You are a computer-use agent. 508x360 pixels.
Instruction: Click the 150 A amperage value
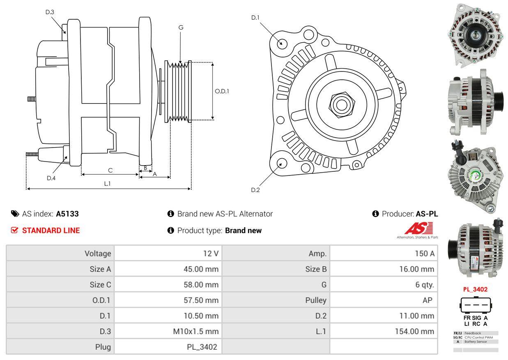425,254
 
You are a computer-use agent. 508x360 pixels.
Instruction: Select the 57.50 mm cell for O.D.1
201,300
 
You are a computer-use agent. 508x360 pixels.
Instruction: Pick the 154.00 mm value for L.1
415,331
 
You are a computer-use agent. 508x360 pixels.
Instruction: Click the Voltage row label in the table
97,254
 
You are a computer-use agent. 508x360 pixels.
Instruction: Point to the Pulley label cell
316,300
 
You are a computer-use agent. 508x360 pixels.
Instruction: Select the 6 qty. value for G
425,285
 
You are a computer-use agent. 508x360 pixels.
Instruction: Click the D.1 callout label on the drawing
255,18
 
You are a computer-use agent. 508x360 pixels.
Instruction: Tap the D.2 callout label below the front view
255,190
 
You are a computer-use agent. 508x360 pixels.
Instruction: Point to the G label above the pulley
181,28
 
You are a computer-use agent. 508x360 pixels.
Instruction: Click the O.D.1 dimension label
222,91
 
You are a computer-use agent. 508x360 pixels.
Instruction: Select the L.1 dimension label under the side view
107,184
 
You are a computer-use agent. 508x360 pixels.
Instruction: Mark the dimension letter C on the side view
110,170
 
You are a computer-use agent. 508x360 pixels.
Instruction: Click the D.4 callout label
51,178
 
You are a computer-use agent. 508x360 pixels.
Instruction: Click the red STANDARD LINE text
51,231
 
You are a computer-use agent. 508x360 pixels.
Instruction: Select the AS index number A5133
67,214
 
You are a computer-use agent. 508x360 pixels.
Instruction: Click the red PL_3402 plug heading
475,289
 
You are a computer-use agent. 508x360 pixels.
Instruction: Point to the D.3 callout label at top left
50,12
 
